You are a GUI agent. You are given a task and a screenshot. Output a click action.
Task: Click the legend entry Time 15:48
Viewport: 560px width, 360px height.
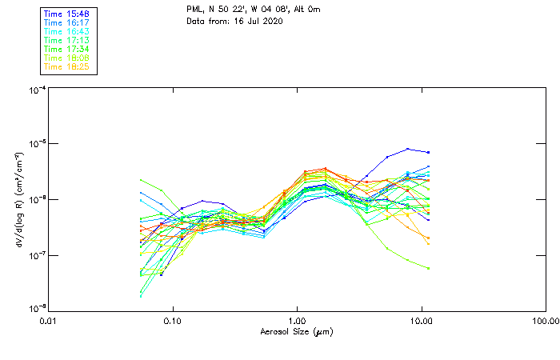pos(66,14)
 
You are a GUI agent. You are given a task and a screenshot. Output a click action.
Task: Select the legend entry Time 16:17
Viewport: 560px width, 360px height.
pos(66,22)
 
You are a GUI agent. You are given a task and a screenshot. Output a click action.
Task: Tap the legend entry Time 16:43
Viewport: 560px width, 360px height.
pos(66,31)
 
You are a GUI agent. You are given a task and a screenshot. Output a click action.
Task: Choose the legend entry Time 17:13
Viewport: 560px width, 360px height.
pos(66,40)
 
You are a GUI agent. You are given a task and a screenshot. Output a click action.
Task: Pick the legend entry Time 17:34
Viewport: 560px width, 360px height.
pos(66,49)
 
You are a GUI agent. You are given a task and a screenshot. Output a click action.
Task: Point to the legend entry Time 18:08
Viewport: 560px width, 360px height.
pos(66,58)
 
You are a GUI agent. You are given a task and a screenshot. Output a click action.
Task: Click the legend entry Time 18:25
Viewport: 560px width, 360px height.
pos(66,66)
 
